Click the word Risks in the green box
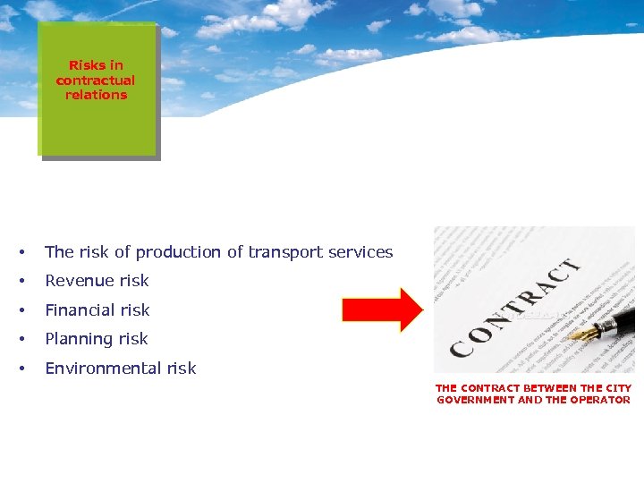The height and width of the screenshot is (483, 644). (87, 65)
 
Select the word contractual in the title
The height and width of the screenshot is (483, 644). (96, 80)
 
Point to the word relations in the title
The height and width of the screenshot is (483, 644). (96, 94)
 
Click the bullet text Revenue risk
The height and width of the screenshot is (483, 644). (97, 281)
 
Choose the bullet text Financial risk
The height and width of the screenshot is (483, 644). (97, 310)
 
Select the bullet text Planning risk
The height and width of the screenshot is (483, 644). (96, 339)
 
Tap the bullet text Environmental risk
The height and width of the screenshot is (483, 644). (120, 369)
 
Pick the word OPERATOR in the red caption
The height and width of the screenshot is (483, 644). (600, 400)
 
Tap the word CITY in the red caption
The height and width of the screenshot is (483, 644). (618, 388)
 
